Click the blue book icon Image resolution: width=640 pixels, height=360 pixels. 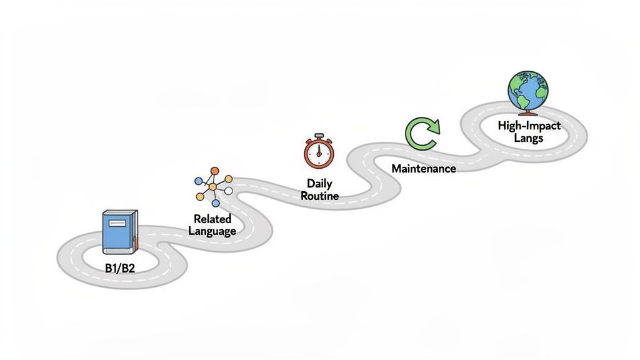coord(119,232)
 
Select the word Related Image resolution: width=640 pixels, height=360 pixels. coord(212,219)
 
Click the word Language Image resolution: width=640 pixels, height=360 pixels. coord(212,231)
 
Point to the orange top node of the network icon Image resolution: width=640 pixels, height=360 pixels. coord(214,171)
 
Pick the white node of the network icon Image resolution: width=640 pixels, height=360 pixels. coord(229,191)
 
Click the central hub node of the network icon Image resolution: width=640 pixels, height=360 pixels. coord(213,186)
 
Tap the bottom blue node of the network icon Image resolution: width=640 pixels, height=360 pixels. coord(216,203)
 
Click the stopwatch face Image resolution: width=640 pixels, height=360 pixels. coord(319,153)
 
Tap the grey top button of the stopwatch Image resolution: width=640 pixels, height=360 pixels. coord(319,135)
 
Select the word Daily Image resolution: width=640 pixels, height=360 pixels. coord(319,184)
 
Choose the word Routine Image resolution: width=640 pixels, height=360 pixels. coord(319,196)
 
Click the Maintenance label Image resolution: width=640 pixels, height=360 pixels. coord(423,168)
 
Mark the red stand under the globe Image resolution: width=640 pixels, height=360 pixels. coord(527,112)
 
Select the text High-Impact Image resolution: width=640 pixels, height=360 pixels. coord(529,126)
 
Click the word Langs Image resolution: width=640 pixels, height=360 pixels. coord(529,137)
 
